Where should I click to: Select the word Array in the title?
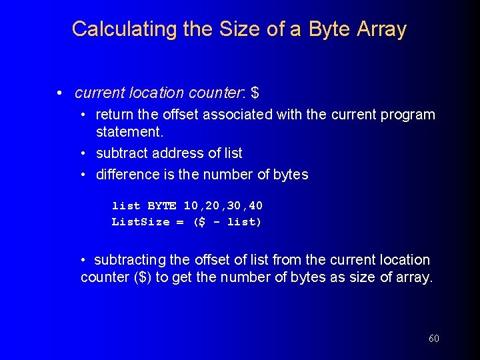[x=382, y=29]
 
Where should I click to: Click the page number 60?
[x=434, y=339]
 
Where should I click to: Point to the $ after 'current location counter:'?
[x=255, y=93]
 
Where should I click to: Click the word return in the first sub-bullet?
[x=116, y=115]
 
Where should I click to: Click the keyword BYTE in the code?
[x=162, y=206]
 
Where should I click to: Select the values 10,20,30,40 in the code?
[x=223, y=206]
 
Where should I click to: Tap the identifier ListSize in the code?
[x=141, y=222]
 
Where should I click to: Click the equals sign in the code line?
[x=180, y=222]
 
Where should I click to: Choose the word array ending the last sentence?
[x=412, y=277]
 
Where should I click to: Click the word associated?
[x=233, y=115]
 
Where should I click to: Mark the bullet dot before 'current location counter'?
[x=60, y=93]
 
